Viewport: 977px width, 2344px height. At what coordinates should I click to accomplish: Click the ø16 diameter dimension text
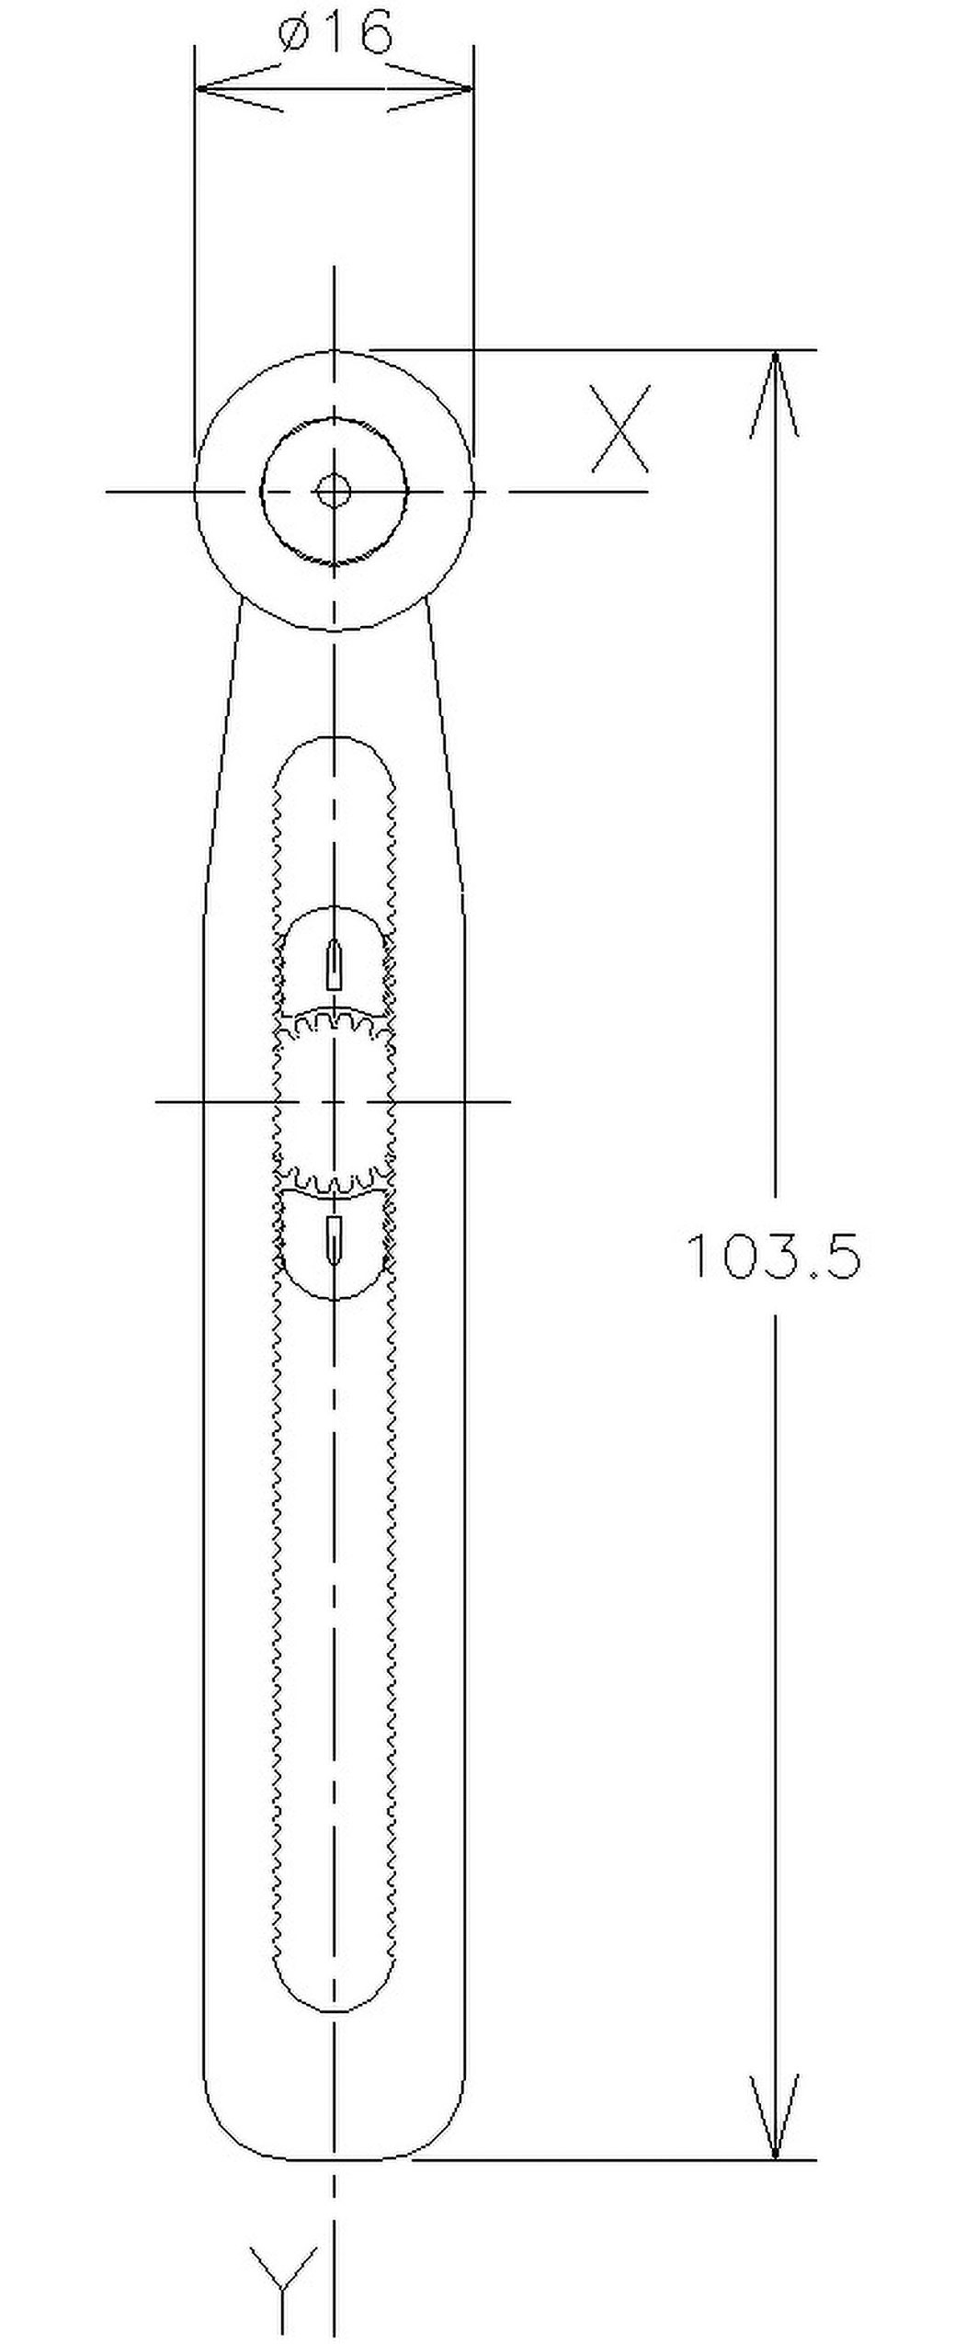point(335,35)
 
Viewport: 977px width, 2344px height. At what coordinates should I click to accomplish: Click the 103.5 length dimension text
point(774,1257)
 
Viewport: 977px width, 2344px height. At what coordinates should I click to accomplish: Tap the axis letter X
point(620,429)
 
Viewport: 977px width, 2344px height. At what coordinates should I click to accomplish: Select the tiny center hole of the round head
point(334,491)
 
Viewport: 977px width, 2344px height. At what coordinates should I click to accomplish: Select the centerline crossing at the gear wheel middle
point(335,1100)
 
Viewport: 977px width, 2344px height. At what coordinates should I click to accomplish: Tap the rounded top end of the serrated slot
point(335,741)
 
